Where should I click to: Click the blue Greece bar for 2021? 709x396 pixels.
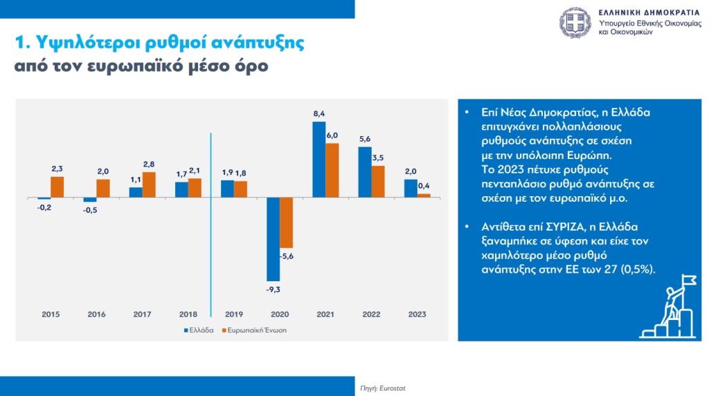(318, 160)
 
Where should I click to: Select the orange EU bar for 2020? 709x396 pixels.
(286, 223)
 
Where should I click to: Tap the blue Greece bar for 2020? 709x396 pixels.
(273, 238)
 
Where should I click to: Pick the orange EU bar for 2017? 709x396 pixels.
(149, 185)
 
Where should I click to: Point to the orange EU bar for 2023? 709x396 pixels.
(424, 195)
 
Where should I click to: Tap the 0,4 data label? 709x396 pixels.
(424, 185)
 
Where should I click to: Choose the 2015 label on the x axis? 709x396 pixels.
(51, 314)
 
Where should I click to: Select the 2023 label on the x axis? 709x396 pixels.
(417, 314)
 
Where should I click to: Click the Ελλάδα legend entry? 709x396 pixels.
(199, 330)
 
